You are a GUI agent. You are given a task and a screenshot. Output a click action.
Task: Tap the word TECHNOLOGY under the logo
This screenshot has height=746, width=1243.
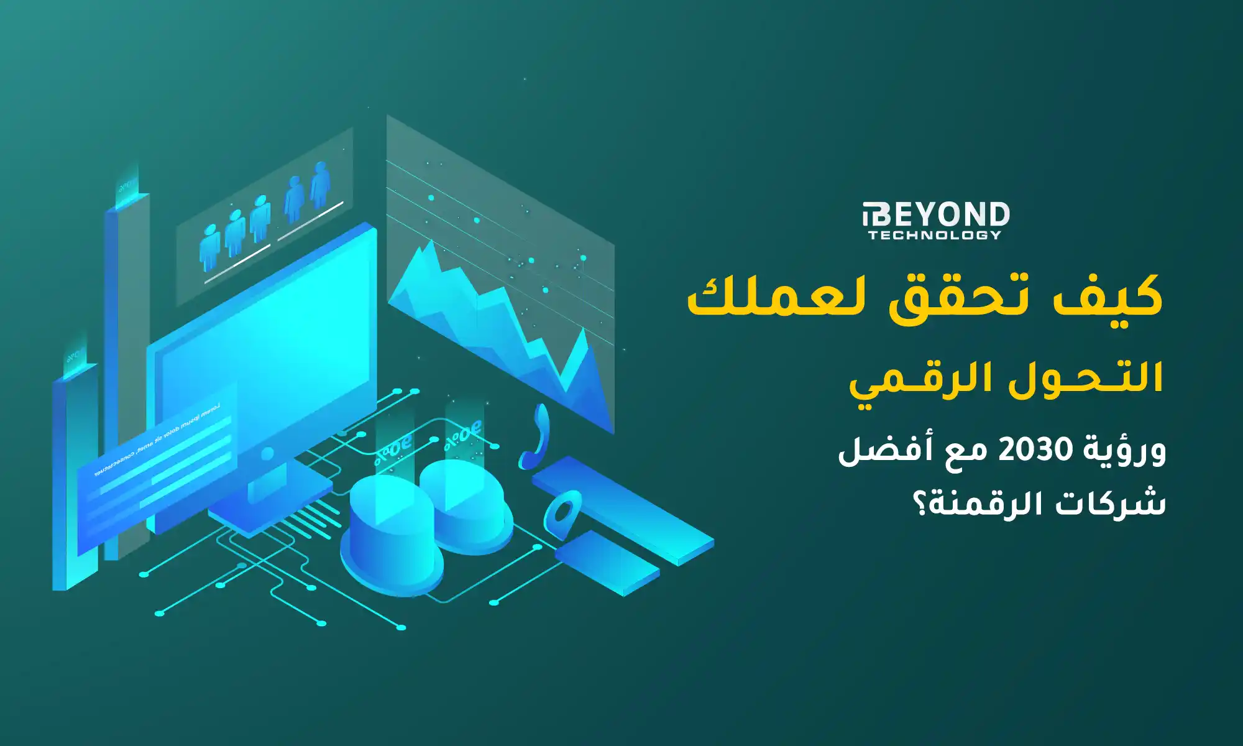[935, 235]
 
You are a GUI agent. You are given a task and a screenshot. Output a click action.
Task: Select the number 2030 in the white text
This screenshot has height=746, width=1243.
[1035, 449]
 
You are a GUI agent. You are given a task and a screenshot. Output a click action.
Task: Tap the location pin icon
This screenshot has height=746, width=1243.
[563, 512]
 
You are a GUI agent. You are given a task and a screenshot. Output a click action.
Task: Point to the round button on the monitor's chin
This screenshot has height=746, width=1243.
[267, 454]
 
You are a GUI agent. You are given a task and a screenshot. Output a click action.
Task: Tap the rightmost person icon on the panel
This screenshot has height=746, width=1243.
[320, 184]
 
